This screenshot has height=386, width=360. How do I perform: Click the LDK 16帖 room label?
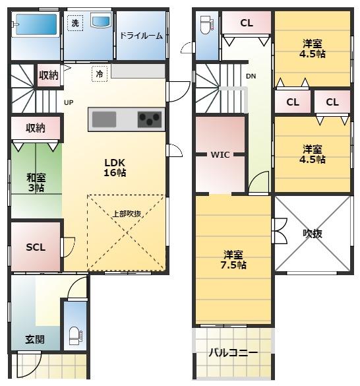(115, 168)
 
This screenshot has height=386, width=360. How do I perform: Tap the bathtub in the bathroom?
(36, 24)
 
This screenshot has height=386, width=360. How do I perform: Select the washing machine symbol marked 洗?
(75, 23)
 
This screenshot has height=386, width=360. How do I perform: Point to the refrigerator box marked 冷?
(100, 74)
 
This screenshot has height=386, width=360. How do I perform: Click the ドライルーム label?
(141, 36)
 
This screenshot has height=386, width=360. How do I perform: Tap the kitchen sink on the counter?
(104, 119)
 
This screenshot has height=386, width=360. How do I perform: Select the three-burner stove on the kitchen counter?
(150, 119)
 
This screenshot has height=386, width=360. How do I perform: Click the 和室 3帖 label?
(36, 182)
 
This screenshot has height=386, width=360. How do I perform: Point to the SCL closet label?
(36, 247)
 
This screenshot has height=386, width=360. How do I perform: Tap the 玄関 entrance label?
(35, 339)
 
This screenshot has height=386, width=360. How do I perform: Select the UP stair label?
(69, 102)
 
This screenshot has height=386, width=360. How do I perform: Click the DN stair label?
(251, 77)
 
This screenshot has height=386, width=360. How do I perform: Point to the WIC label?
(220, 155)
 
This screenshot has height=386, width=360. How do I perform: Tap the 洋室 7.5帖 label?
(233, 260)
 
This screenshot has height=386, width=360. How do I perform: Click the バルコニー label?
(233, 353)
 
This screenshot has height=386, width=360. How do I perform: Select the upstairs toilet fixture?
(207, 24)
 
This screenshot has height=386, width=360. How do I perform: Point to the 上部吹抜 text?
(127, 214)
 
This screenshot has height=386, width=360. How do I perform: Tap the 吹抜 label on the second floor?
(313, 234)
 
